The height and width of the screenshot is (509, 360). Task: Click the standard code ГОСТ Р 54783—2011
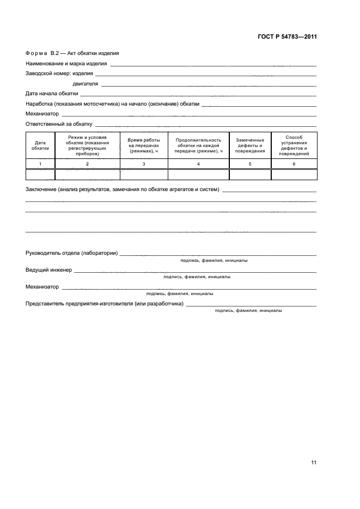pos(287,37)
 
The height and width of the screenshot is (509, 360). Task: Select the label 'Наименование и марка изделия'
pos(66,64)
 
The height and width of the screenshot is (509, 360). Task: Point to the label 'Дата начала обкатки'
pos(52,94)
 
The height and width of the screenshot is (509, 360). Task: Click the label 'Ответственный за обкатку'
pos(59,124)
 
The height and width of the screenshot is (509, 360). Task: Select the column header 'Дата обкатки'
pos(40,145)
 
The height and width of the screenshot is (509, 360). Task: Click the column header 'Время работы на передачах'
pos(144,145)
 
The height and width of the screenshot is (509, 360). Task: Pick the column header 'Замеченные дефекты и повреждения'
pos(250,145)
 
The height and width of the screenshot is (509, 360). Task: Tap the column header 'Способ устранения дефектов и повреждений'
pos(294,145)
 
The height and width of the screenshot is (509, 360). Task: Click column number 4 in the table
pos(198,164)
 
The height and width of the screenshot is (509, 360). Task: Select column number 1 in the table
pos(40,164)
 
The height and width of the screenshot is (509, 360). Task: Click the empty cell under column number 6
pos(294,175)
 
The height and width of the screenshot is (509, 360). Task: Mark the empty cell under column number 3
pos(144,175)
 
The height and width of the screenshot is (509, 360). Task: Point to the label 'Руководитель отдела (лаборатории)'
pos(71,254)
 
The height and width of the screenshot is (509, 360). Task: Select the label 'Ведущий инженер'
pos(48,270)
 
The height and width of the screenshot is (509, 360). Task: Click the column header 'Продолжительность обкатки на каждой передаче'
pos(198,145)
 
